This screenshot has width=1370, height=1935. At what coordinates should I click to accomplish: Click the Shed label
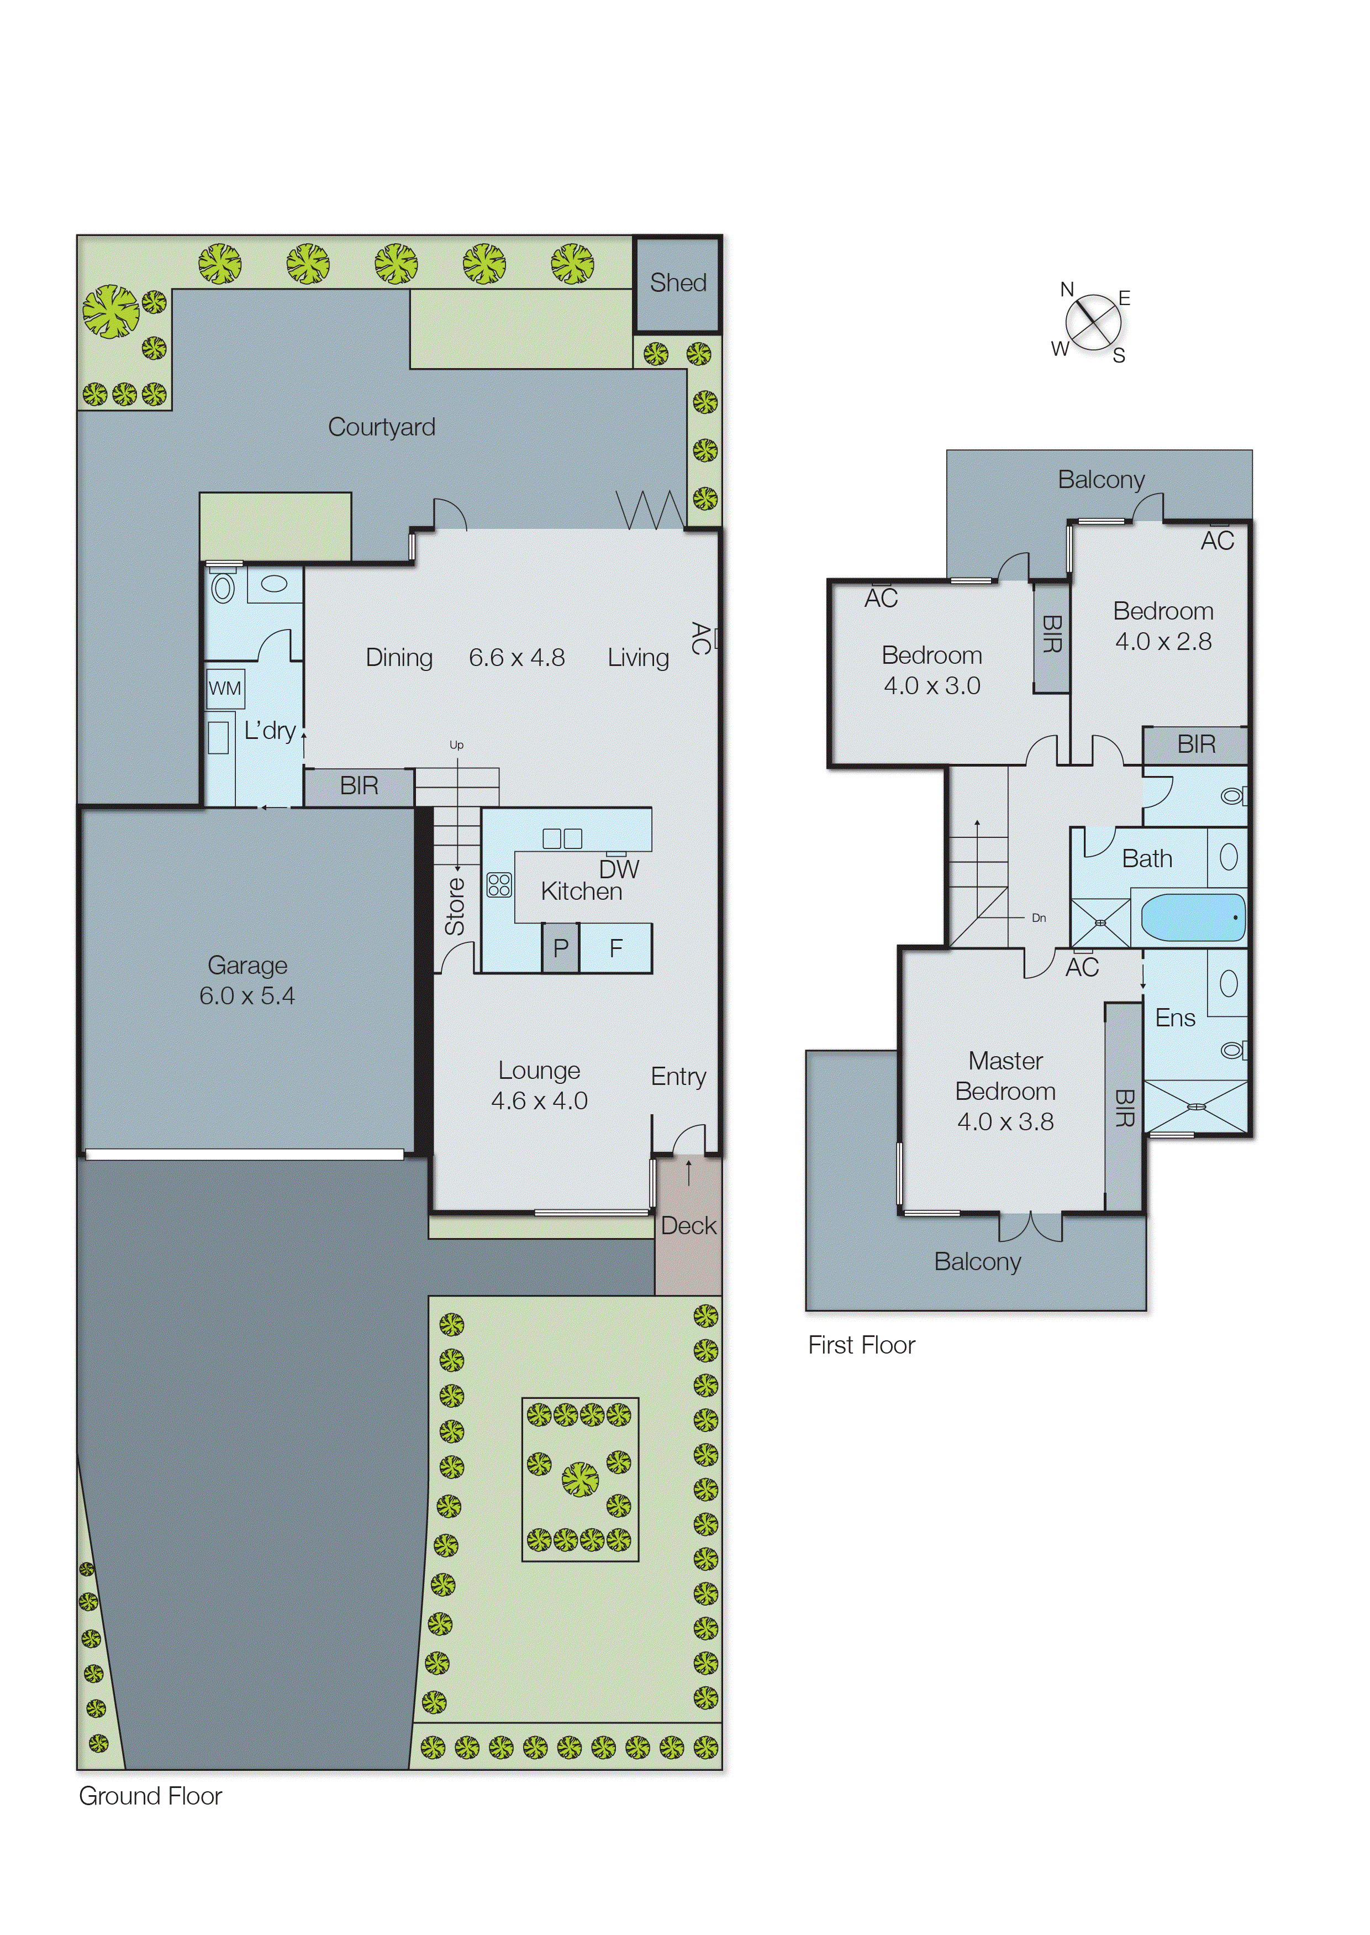pos(677,282)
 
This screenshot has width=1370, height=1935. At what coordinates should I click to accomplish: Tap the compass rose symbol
pos(1093,322)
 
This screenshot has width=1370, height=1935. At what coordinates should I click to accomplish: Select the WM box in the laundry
pos(224,689)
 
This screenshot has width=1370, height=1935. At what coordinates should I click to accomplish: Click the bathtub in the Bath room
pos(1193,918)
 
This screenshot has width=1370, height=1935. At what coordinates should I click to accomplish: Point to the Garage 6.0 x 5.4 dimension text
pos(247,996)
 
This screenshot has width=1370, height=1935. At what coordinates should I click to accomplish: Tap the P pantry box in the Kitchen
pos(560,948)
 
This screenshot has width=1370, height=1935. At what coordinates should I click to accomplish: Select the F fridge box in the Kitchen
pos(616,948)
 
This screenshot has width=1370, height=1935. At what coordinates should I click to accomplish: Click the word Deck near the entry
pos(688,1226)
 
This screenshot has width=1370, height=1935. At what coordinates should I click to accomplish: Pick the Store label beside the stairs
pos(455,906)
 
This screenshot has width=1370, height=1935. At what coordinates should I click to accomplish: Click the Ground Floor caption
pos(150,1796)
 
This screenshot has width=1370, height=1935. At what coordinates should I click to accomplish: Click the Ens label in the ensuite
pos(1175,1018)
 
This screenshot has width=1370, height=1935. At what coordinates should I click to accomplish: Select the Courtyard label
pos(381,427)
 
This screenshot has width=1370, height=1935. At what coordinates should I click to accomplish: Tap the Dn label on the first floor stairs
pos(1039,918)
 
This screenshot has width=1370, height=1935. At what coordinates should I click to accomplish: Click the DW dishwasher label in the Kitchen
pos(619,869)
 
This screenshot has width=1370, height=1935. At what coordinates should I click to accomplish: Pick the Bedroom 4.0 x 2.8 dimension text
pos(1163,641)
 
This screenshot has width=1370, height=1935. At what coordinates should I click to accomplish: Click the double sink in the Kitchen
pos(562,838)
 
